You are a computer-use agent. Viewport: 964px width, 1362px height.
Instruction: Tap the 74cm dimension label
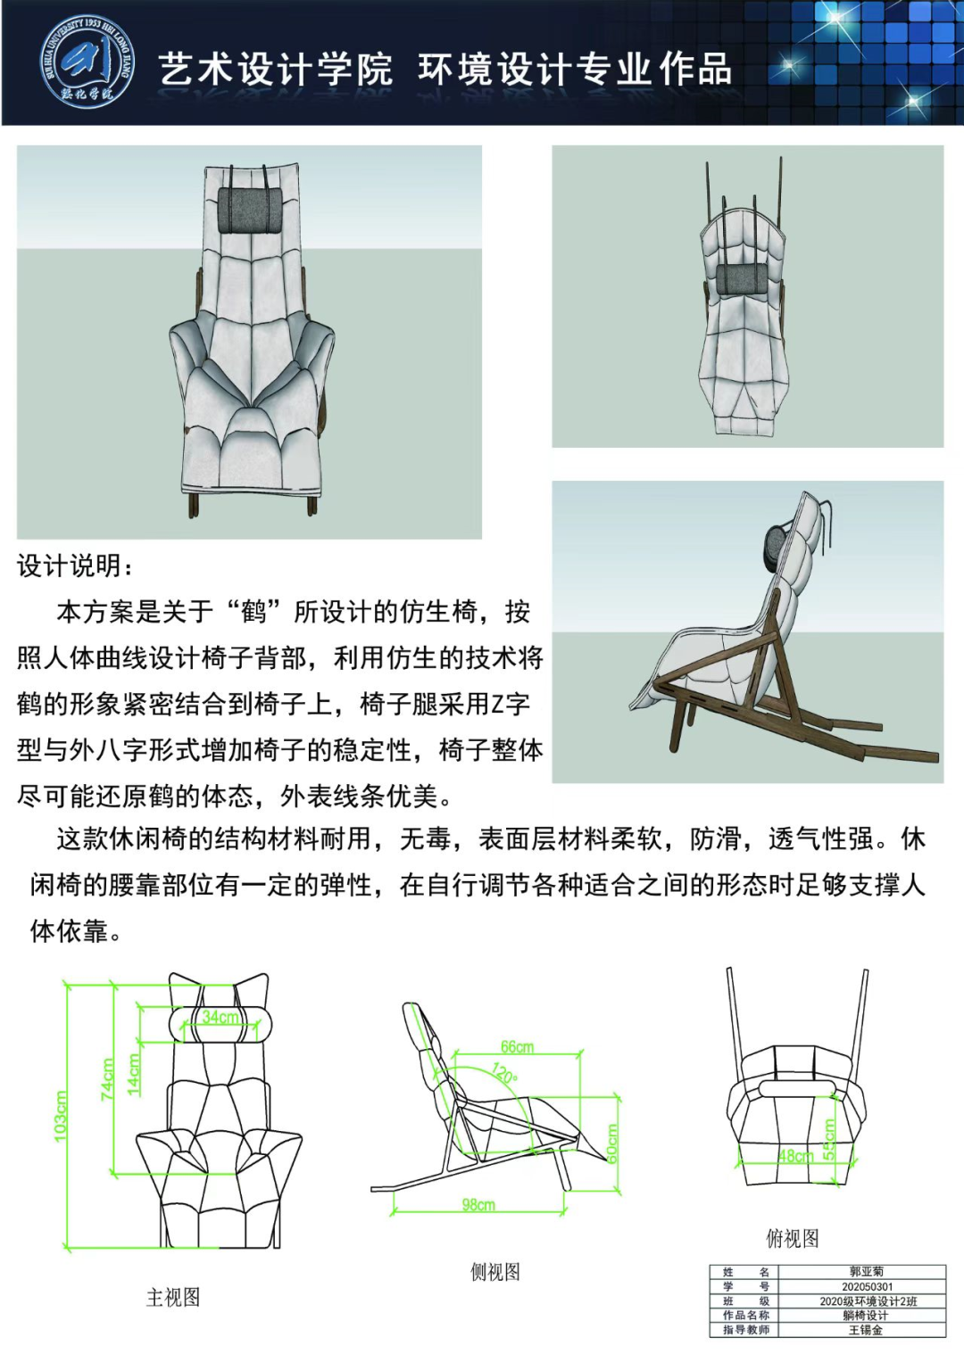tap(107, 1078)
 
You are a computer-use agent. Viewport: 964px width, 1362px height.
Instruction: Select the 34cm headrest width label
tap(220, 1017)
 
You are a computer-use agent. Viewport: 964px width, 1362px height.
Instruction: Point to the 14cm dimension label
tap(134, 1075)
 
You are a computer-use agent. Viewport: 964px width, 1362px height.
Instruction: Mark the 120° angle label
tap(504, 1072)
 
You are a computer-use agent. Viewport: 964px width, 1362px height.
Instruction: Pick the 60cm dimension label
tap(612, 1143)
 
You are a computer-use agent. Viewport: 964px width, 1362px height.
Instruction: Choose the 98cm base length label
tap(478, 1204)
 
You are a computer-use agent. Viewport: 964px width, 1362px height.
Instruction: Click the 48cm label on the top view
tap(795, 1155)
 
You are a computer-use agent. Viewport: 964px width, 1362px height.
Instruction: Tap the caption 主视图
tap(173, 1298)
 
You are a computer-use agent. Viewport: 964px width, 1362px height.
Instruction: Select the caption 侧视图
tap(495, 1271)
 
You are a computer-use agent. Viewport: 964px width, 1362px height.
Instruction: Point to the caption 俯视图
tap(793, 1238)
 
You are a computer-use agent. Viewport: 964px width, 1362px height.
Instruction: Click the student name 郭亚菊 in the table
tap(867, 1271)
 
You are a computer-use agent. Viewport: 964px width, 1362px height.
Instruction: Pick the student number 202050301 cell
tap(868, 1286)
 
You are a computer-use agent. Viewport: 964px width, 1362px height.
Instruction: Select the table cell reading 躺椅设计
tap(866, 1316)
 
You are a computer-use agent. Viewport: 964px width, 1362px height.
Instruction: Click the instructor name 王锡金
tap(866, 1330)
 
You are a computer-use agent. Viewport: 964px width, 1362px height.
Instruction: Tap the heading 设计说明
tap(74, 566)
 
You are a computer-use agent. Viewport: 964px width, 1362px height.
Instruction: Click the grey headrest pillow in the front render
tap(250, 210)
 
